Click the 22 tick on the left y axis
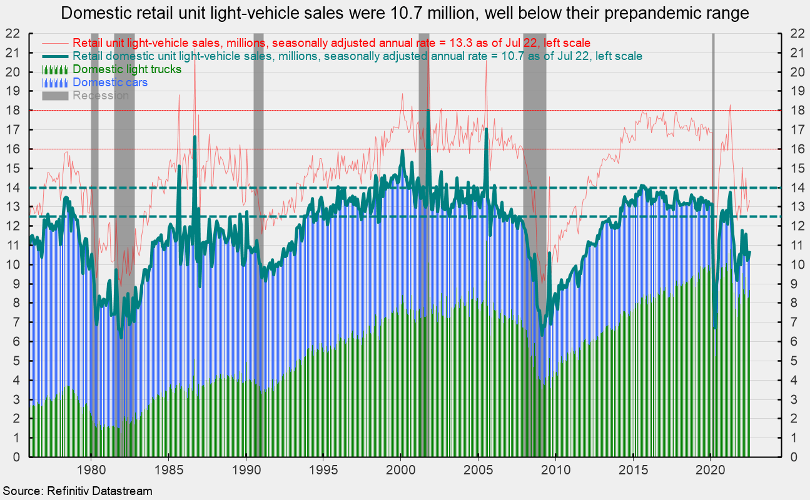[x=13, y=33]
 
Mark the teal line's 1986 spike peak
[x=195, y=136]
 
